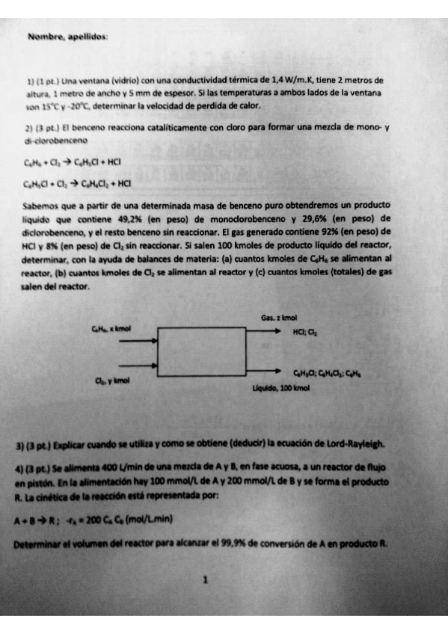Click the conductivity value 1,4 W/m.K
click(x=289, y=78)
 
